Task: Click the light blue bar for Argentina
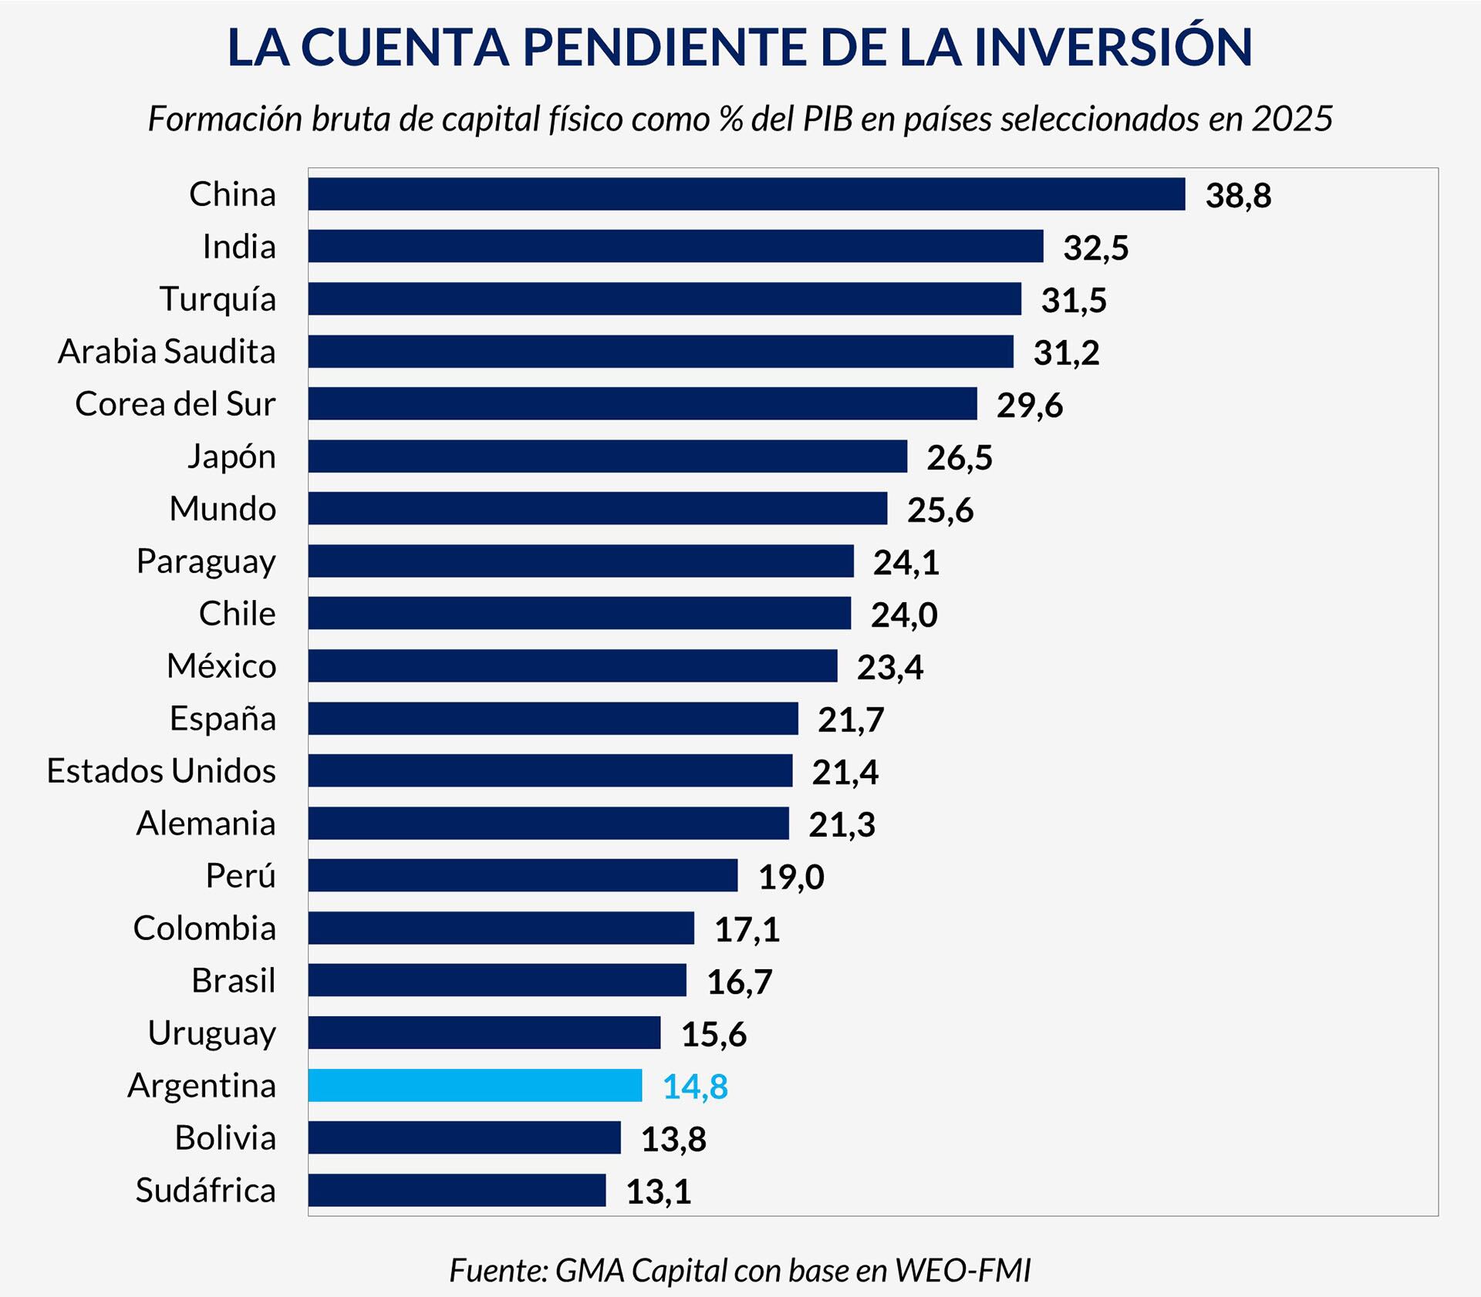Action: [x=474, y=1085]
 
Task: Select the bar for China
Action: [x=746, y=194]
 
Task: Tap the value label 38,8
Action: [x=1238, y=195]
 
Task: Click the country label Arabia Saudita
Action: [x=167, y=352]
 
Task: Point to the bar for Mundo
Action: [x=597, y=508]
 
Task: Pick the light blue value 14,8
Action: [x=694, y=1086]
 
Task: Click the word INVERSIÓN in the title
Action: [x=1113, y=48]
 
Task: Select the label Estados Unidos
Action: [x=161, y=771]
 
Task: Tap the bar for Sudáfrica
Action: [x=457, y=1190]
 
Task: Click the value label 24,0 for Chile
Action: [x=904, y=615]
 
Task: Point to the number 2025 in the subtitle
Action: [x=1292, y=119]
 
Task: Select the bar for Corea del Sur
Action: [x=642, y=403]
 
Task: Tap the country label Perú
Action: [x=240, y=876]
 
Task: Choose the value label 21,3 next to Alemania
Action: [x=842, y=824]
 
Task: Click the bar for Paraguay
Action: [x=580, y=561]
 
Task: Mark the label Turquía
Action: [x=218, y=299]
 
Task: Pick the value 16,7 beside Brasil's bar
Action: [x=739, y=982]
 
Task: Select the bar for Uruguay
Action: [x=484, y=1033]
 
